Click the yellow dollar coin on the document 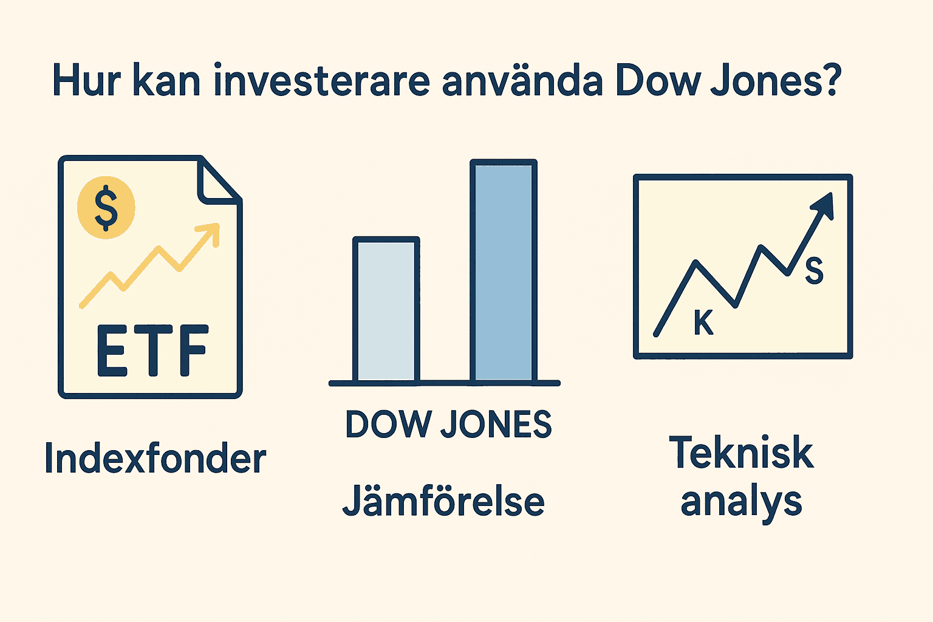pyautogui.click(x=106, y=207)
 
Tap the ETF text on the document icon pyautogui.click(x=152, y=351)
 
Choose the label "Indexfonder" pyautogui.click(x=155, y=458)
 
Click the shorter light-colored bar pyautogui.click(x=386, y=310)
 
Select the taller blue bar pyautogui.click(x=504, y=272)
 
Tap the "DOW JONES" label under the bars pyautogui.click(x=448, y=424)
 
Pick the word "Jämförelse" pyautogui.click(x=443, y=502)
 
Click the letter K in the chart pyautogui.click(x=703, y=323)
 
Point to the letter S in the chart pyautogui.click(x=814, y=271)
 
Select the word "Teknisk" pyautogui.click(x=741, y=453)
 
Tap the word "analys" pyautogui.click(x=741, y=503)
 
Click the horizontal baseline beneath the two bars pyautogui.click(x=444, y=383)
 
